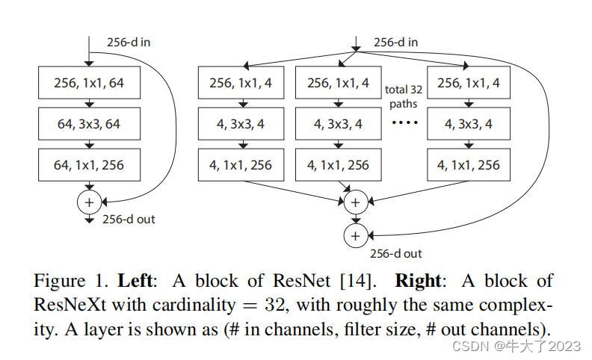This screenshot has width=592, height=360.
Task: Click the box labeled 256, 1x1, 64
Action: [x=89, y=83]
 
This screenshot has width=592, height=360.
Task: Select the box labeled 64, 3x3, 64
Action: [x=89, y=124]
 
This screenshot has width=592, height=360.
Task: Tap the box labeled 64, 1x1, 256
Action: [x=89, y=165]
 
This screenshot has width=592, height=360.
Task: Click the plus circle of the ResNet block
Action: [x=89, y=202]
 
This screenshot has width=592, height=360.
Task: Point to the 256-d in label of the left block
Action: [x=126, y=42]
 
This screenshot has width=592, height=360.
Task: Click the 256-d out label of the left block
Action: [x=129, y=220]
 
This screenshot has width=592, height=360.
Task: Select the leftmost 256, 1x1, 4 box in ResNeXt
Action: [x=241, y=83]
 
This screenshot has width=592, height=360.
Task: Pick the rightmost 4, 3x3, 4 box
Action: [x=469, y=124]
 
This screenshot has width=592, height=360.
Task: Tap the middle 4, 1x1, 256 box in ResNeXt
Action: [x=338, y=165]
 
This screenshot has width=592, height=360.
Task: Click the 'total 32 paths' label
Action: [x=404, y=96]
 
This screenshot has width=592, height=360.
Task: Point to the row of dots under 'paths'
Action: [x=404, y=122]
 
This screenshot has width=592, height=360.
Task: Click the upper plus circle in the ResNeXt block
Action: [x=355, y=202]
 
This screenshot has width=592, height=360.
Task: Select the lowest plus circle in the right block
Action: [x=355, y=236]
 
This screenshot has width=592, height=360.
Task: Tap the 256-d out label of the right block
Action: [x=395, y=254]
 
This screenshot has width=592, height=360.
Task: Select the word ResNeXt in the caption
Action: [x=66, y=305]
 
